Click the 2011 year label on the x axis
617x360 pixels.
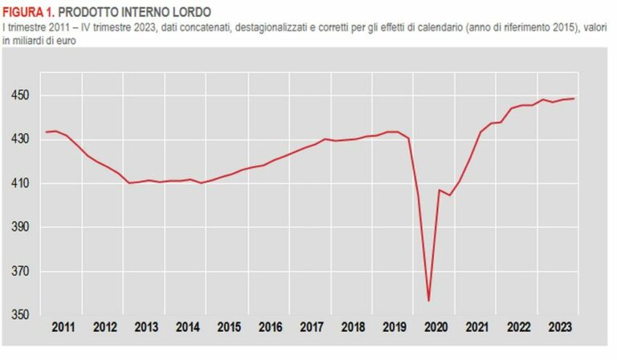point(64,328)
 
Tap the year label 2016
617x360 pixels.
point(271,328)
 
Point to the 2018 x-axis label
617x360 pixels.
point(353,328)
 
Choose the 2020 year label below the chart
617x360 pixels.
point(435,328)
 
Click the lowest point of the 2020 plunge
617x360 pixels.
point(429,301)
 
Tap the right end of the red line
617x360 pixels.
point(574,99)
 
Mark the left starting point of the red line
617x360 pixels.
point(46,132)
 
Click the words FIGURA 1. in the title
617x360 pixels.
point(28,13)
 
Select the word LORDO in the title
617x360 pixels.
point(191,13)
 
